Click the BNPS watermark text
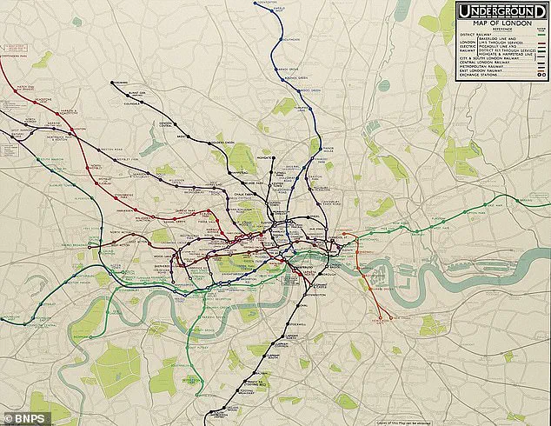21,416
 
